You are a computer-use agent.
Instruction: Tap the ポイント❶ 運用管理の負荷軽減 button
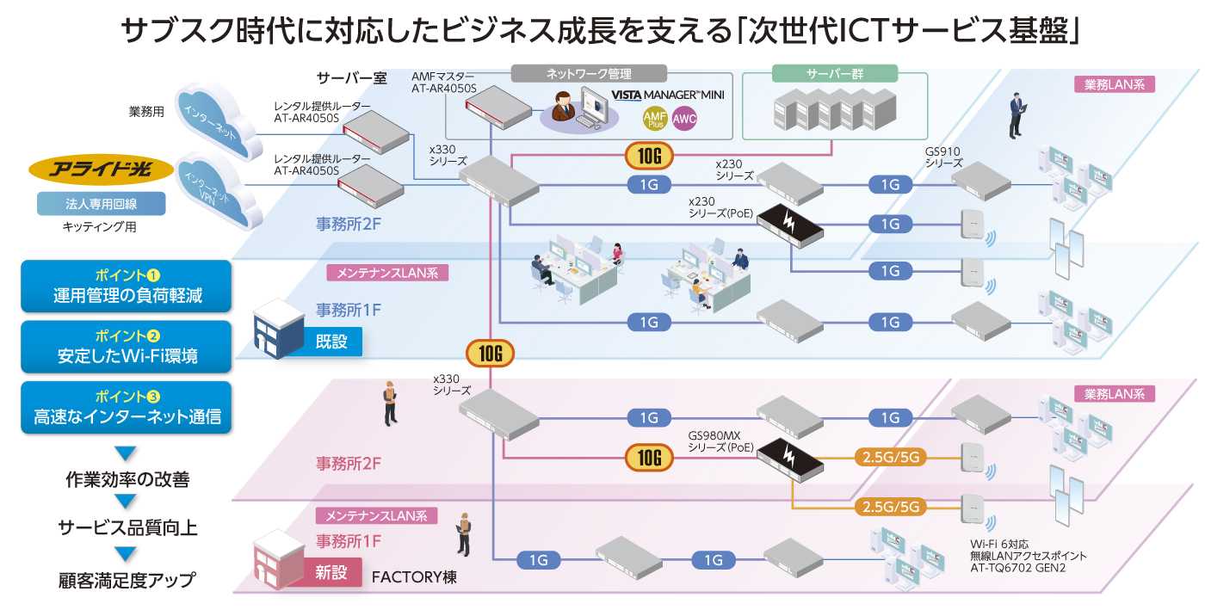pyautogui.click(x=127, y=287)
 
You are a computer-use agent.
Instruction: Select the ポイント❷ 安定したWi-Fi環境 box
pyautogui.click(x=127, y=347)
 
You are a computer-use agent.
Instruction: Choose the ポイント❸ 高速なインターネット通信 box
pyautogui.click(x=127, y=407)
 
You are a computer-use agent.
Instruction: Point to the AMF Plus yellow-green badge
pyautogui.click(x=655, y=119)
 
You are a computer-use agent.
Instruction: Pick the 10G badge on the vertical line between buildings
pyautogui.click(x=490, y=353)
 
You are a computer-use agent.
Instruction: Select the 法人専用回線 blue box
pyautogui.click(x=101, y=204)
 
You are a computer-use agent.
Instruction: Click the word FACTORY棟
pyautogui.click(x=414, y=576)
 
